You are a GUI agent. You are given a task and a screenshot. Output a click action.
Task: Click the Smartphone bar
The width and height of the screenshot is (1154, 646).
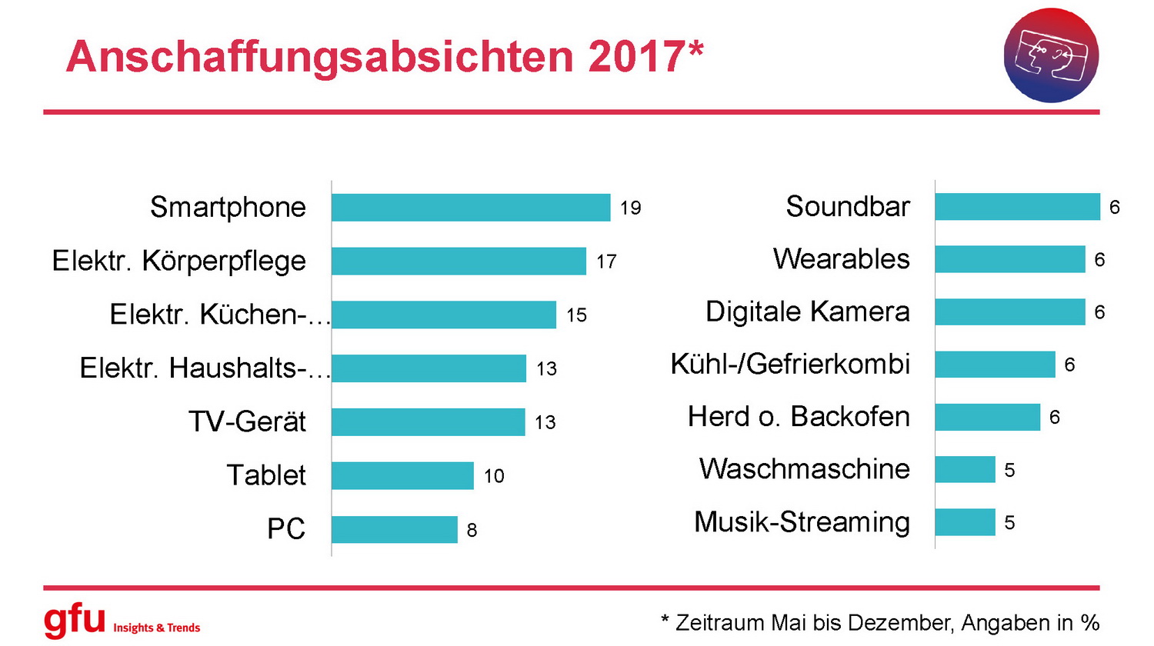pyautogui.click(x=471, y=208)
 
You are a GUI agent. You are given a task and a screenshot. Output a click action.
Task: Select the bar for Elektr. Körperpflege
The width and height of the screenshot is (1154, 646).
pyautogui.click(x=459, y=261)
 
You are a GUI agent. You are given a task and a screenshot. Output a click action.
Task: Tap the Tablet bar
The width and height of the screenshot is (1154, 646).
pyautogui.click(x=402, y=476)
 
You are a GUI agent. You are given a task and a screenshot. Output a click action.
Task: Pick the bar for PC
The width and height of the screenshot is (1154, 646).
pyautogui.click(x=394, y=529)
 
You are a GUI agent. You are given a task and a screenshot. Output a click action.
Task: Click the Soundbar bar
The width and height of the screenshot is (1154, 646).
pyautogui.click(x=1017, y=207)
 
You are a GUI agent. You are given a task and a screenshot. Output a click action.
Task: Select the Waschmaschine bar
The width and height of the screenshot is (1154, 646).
pyautogui.click(x=965, y=469)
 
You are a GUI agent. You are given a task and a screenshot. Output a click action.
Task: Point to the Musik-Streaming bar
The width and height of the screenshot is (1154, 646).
pyautogui.click(x=965, y=522)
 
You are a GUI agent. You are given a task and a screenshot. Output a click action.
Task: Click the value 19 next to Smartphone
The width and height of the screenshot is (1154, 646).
pyautogui.click(x=630, y=208)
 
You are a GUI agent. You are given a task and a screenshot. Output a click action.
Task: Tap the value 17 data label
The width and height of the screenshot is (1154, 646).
pyautogui.click(x=606, y=261)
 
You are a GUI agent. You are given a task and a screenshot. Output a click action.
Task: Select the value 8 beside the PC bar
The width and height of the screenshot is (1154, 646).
pyautogui.click(x=472, y=530)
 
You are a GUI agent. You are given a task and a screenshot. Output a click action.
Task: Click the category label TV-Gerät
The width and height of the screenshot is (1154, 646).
pyautogui.click(x=247, y=421)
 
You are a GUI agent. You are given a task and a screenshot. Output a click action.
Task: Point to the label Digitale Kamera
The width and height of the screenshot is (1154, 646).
pyautogui.click(x=807, y=311)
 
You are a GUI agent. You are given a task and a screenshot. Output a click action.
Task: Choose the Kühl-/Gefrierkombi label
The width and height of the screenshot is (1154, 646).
pyautogui.click(x=790, y=364)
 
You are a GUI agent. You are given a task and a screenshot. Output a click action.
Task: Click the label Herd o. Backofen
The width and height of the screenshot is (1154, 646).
pyautogui.click(x=799, y=416)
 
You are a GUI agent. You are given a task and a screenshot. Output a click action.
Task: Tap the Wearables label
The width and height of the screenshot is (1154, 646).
pyautogui.click(x=841, y=259)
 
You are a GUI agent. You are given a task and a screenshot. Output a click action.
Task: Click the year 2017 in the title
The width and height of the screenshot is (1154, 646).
pyautogui.click(x=635, y=56)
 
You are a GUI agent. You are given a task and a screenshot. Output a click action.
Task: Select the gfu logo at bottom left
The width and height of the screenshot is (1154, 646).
pyautogui.click(x=75, y=620)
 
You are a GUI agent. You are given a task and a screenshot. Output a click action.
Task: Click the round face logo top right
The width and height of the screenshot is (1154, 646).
pyautogui.click(x=1051, y=55)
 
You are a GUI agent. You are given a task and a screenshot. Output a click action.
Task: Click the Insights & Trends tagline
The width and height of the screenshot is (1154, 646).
pyautogui.click(x=156, y=628)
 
